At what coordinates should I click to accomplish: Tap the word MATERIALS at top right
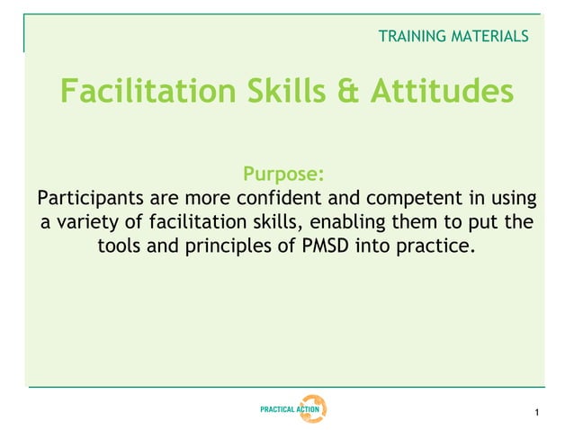tap(491, 37)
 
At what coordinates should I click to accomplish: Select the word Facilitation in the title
tap(144, 91)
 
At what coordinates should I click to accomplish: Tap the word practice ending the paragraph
tap(438, 246)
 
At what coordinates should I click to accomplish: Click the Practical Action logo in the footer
tap(292, 409)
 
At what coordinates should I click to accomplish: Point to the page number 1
tap(535, 414)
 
